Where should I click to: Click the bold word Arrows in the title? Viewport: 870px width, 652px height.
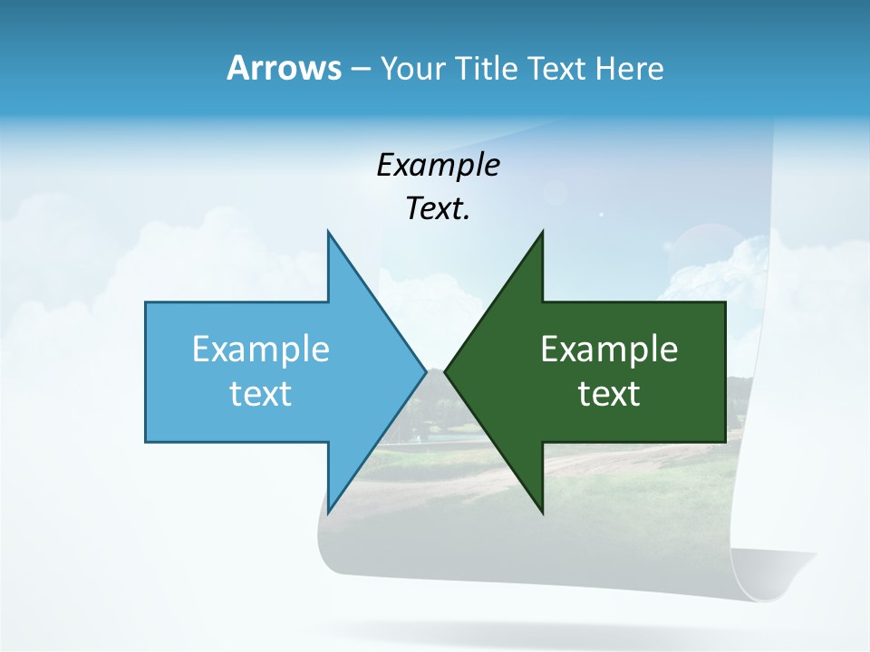click(283, 68)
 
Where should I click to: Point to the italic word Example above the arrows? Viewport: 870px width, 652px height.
click(438, 165)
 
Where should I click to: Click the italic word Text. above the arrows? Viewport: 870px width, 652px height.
click(438, 209)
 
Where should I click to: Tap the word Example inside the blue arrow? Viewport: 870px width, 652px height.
click(261, 350)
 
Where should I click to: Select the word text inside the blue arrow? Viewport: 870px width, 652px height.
click(261, 394)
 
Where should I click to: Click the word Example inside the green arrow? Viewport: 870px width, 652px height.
click(609, 350)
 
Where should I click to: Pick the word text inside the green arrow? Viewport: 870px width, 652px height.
click(609, 394)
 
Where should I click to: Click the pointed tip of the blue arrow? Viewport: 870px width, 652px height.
click(425, 371)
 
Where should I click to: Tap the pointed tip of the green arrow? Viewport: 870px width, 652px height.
click(446, 371)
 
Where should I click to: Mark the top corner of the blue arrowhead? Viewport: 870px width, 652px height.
click(328, 232)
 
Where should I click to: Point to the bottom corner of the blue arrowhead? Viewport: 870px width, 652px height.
click(328, 512)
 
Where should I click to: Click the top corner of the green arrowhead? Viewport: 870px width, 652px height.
click(542, 232)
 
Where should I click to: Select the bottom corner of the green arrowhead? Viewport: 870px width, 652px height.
click(542, 512)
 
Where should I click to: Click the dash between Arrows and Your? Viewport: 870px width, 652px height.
click(360, 69)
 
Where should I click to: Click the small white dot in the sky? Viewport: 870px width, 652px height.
click(601, 215)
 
